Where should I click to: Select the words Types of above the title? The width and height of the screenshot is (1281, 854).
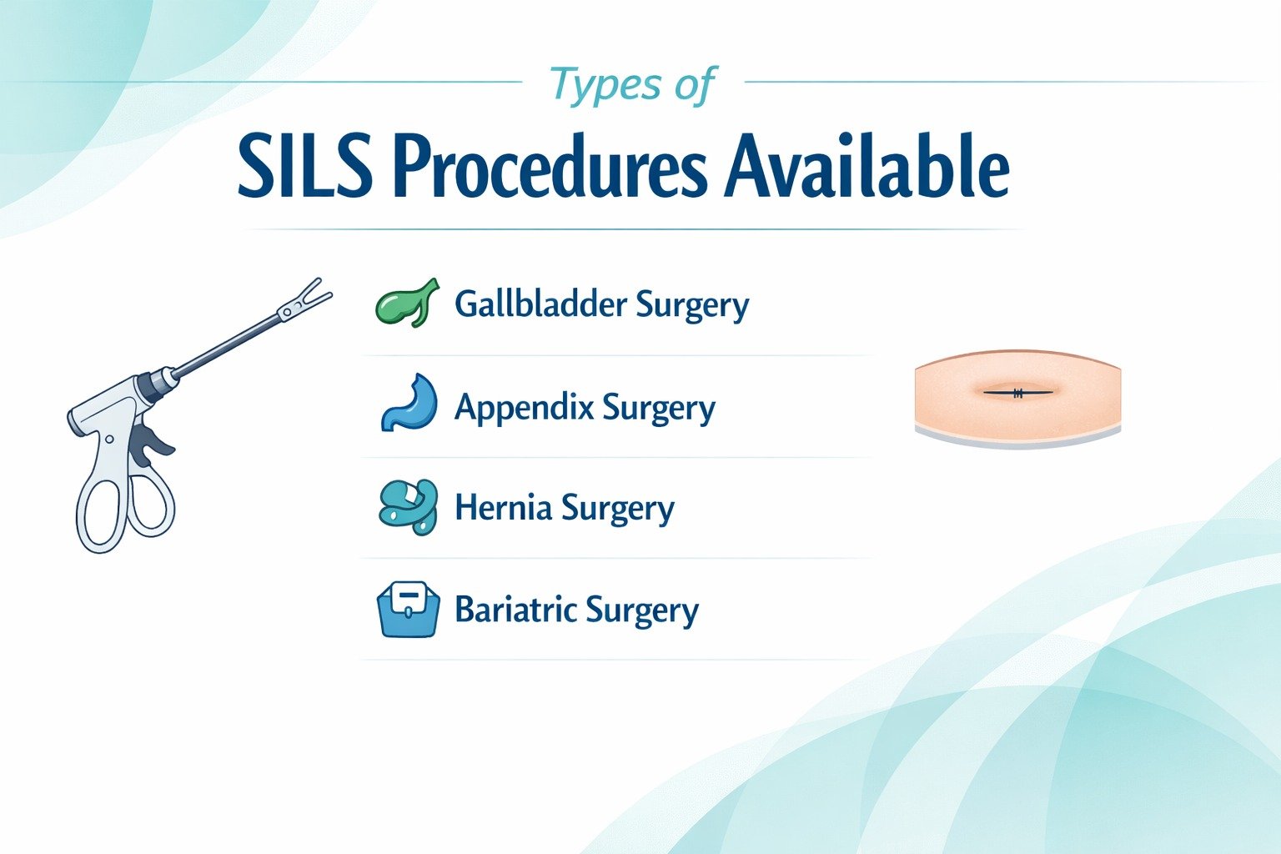pos(632,85)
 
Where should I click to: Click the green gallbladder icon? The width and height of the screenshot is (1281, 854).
pos(407,304)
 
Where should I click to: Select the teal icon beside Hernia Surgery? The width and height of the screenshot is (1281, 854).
pos(408,506)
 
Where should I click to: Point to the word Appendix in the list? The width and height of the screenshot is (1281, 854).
pos(524,407)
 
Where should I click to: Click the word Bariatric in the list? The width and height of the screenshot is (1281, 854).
pos(515,610)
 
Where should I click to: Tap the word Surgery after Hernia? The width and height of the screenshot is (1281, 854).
pos(617,509)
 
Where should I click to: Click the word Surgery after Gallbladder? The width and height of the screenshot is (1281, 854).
pos(692,305)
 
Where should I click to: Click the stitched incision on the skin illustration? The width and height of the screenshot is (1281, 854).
pos(1017,393)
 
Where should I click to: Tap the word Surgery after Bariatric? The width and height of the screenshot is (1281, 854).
pos(641,611)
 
